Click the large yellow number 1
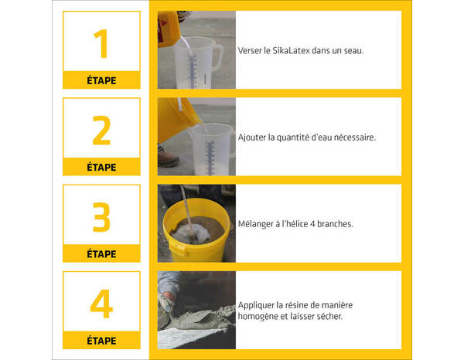pyautogui.click(x=101, y=44)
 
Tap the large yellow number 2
pyautogui.click(x=101, y=131)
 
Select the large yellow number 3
pyautogui.click(x=101, y=218)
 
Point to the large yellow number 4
pyautogui.click(x=101, y=304)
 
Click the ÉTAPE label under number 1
pyautogui.click(x=101, y=80)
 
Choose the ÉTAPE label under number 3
pyautogui.click(x=101, y=253)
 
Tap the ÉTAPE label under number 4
pyautogui.click(x=101, y=341)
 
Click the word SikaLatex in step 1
pyautogui.click(x=288, y=50)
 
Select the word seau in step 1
pyautogui.click(x=352, y=50)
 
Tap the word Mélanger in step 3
pyautogui.click(x=258, y=224)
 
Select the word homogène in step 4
pyautogui.click(x=261, y=316)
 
